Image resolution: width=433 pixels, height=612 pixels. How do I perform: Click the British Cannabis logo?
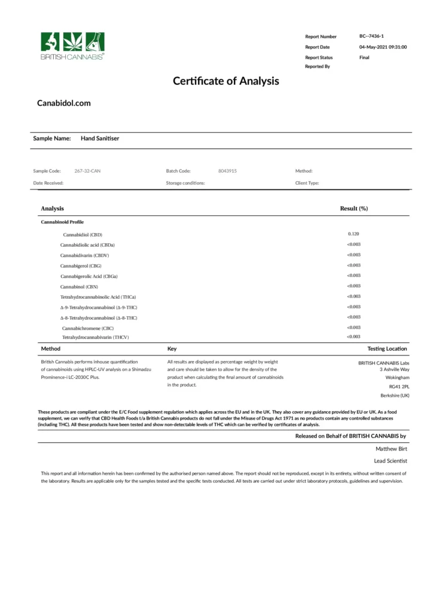[72, 45]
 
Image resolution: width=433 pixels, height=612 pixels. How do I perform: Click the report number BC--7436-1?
[371, 36]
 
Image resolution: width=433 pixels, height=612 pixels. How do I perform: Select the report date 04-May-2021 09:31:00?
[383, 47]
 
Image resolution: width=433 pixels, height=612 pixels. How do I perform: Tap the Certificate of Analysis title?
[226, 81]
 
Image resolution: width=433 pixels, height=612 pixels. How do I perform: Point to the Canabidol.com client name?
[64, 103]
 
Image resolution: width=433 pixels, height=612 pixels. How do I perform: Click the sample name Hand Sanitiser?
[100, 139]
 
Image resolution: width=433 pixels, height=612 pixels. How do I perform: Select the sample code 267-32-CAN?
[87, 171]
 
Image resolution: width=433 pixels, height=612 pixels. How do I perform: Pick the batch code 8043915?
[227, 171]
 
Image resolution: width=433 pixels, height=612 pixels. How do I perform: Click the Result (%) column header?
[353, 209]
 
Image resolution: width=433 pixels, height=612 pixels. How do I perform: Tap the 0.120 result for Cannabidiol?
[353, 234]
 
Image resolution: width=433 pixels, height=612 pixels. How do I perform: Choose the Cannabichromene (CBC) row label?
[88, 328]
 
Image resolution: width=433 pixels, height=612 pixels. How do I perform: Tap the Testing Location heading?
[387, 349]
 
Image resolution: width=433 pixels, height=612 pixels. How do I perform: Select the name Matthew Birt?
[391, 448]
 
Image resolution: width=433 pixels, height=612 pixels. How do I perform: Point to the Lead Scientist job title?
[391, 461]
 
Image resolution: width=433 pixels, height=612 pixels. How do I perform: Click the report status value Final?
[364, 57]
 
